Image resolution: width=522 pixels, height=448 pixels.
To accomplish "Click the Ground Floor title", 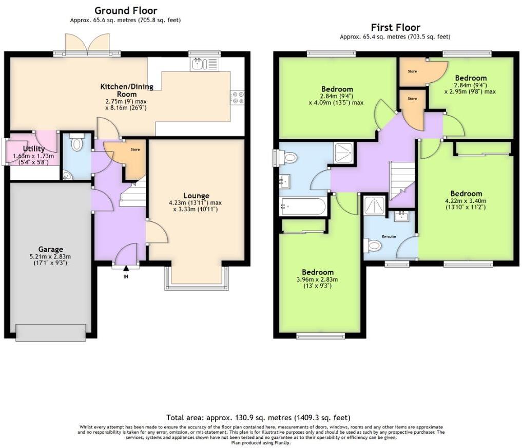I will tap(126, 10).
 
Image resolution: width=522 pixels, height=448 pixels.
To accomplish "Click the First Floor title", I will tap(395, 27).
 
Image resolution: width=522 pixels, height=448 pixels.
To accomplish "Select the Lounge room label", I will tap(196, 196).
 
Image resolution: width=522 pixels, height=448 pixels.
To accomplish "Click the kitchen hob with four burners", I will tap(238, 97).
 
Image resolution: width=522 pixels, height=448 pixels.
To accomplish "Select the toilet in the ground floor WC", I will tap(77, 143).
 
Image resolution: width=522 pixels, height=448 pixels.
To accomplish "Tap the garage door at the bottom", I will tap(51, 332).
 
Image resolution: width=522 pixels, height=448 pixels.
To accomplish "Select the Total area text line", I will tap(258, 418).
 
